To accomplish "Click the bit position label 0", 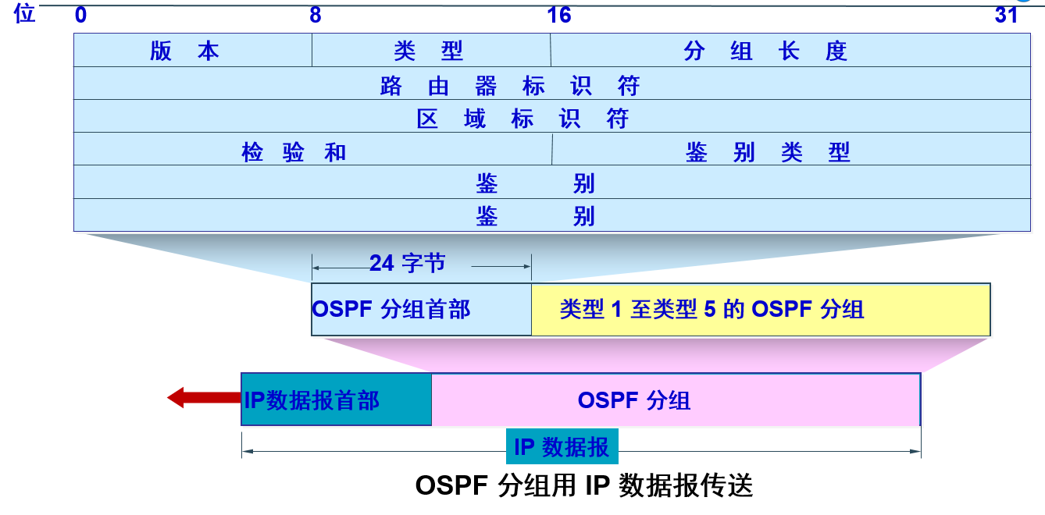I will [x=80, y=15].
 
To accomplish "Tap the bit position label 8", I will [x=315, y=15].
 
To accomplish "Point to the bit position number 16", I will [x=559, y=15].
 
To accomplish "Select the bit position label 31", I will [x=1006, y=15].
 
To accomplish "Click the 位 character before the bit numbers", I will [x=25, y=13].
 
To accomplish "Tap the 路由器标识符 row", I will [x=510, y=84].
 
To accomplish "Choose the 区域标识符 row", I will [x=523, y=118].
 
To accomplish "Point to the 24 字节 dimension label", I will [x=408, y=264].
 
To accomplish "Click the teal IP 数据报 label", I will [x=562, y=447].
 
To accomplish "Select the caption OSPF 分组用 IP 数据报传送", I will [x=584, y=486].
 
